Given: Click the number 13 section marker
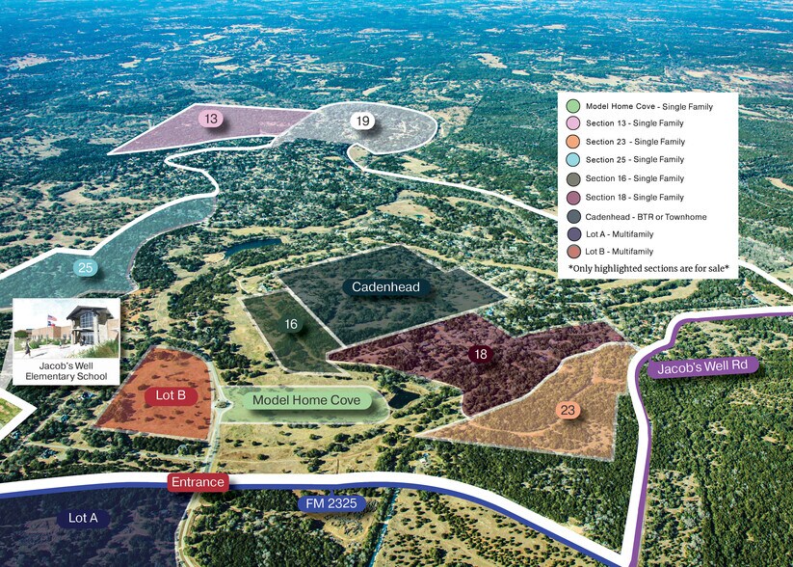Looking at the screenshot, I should coord(211,120).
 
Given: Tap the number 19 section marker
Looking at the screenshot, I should coord(362,121).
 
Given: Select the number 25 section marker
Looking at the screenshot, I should coord(86,267).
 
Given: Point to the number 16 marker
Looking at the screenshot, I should coord(291,325).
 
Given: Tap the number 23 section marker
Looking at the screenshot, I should coord(568,411).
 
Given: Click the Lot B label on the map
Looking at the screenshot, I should coord(176,395).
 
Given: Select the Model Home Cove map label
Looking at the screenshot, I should coord(306,400).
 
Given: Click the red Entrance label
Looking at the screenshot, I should coord(198,482).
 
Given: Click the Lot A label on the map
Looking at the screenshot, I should coord(83,519).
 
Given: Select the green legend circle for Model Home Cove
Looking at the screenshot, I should coord(572,106).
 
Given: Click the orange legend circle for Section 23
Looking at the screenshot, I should coord(572,142).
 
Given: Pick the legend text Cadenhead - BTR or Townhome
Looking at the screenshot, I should coord(646,217).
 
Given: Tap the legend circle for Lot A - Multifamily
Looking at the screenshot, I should coord(572,233).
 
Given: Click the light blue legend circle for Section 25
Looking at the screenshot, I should coord(572,160).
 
